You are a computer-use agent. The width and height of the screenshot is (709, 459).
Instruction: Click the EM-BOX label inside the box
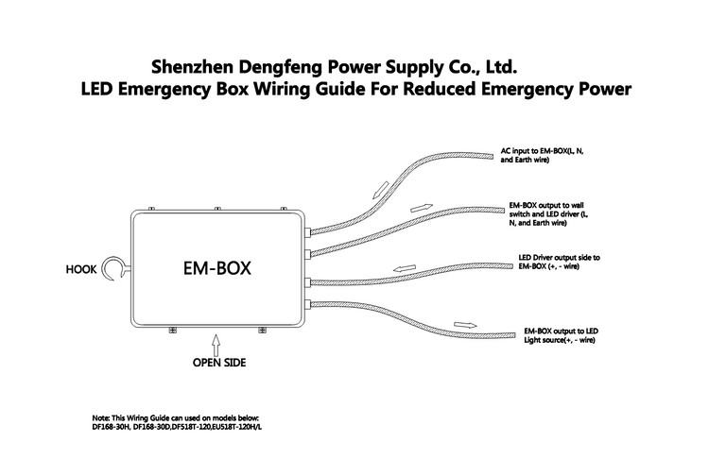coord(217,268)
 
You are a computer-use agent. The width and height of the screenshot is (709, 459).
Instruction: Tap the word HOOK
coord(81,270)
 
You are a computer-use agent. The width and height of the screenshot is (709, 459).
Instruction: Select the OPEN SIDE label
coord(219,363)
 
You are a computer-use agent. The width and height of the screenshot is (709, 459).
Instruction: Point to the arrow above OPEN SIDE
coord(216,345)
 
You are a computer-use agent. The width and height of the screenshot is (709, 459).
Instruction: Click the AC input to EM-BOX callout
coord(543,156)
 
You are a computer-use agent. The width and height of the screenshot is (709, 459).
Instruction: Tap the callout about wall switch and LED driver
coord(548,214)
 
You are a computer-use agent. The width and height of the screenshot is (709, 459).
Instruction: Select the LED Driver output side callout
coord(560,262)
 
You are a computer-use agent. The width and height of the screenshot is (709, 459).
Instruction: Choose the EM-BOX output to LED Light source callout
coord(562,335)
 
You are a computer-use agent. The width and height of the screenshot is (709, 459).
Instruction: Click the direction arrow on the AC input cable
coord(381,190)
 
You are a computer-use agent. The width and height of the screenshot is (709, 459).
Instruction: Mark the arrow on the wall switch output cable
coord(422,208)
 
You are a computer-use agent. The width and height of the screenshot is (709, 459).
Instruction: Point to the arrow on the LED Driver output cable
coord(405,268)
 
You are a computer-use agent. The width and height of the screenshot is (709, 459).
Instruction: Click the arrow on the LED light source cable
coord(465,325)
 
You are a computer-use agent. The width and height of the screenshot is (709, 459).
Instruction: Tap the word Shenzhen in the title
coord(192,67)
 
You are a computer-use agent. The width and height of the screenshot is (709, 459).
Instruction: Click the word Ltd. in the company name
coord(501,67)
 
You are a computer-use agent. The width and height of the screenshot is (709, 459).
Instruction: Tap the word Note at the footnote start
coord(100,417)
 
